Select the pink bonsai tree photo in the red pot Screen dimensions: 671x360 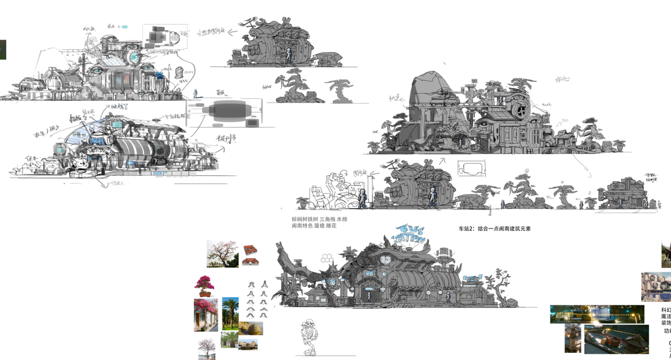203,286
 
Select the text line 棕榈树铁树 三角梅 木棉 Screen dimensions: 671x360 319,220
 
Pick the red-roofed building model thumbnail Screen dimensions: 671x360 250,250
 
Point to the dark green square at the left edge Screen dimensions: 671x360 2,49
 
